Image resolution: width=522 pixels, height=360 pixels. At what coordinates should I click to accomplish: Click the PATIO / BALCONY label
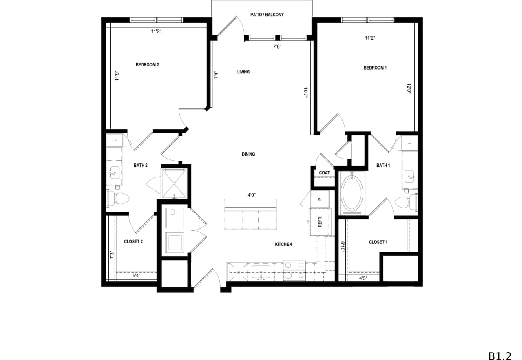pos(267,15)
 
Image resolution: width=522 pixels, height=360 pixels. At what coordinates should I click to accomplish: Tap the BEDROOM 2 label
pos(147,65)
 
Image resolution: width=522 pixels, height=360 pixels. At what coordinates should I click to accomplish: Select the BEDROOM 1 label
pos(375,68)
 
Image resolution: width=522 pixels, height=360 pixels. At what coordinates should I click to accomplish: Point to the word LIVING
pos(243,72)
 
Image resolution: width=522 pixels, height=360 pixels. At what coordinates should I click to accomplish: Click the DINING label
pos(248,155)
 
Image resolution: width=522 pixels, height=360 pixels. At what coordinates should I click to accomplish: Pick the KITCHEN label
pos(283,245)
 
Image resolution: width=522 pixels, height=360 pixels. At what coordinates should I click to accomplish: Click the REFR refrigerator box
pos(319,222)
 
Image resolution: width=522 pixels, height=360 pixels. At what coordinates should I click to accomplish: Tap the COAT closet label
pos(325,173)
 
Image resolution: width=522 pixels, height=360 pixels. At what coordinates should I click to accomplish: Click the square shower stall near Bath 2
pos(175,183)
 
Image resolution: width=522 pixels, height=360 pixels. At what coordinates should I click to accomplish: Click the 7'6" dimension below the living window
pos(277,46)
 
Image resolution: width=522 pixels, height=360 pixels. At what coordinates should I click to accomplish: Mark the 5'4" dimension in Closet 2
pos(137,276)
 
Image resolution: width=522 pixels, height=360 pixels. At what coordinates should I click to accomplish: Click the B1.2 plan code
pos(500,345)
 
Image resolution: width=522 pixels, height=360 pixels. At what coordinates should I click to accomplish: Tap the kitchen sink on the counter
pos(261,272)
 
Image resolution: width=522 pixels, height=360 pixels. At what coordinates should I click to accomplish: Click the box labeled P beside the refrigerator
pos(319,199)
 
